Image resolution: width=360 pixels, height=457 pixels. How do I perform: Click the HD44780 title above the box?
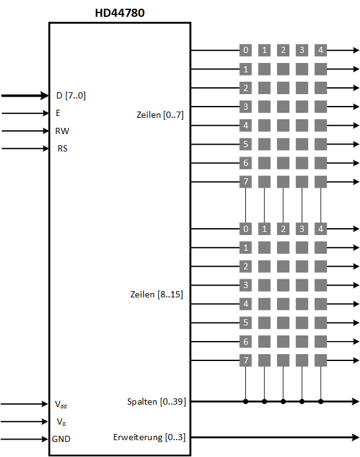point(120,13)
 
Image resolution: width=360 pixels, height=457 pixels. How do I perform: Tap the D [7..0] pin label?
point(71,95)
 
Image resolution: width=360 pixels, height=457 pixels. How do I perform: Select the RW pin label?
point(62,131)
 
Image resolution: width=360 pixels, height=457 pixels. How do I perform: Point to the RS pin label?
point(62,148)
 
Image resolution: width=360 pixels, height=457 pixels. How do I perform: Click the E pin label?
point(58,113)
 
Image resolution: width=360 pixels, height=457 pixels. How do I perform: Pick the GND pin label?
point(61,439)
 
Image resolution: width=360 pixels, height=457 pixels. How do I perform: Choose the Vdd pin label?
point(61,404)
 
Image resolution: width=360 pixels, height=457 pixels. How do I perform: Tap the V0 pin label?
point(61,421)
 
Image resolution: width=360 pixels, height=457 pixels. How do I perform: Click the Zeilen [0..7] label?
point(160,115)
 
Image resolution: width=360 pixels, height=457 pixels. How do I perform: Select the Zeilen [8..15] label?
point(157,294)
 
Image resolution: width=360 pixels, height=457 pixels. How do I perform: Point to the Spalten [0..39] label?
point(157,402)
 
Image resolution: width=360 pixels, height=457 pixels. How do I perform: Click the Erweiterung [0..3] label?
point(149,437)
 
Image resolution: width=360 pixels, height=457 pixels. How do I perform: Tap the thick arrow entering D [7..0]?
point(25,95)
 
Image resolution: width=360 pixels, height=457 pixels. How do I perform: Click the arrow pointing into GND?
point(24,439)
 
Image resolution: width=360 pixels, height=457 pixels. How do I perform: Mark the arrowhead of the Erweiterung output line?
point(356,437)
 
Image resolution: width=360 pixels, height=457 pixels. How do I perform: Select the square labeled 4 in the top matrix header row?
point(321,50)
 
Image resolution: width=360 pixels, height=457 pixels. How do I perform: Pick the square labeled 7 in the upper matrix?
point(246,181)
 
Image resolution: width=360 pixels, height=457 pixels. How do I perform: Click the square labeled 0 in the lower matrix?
point(246,229)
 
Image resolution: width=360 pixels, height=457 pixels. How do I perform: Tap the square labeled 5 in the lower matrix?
point(246,322)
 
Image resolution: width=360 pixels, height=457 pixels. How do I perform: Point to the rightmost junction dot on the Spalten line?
point(321,402)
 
